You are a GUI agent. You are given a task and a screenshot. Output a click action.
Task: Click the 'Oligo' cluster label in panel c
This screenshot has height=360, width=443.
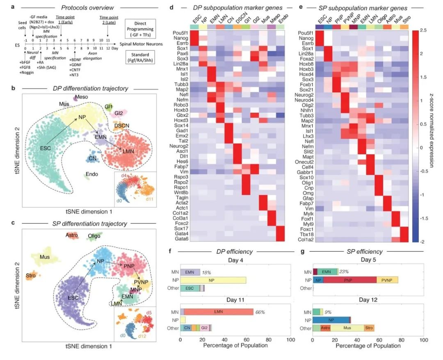point(94,236)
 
